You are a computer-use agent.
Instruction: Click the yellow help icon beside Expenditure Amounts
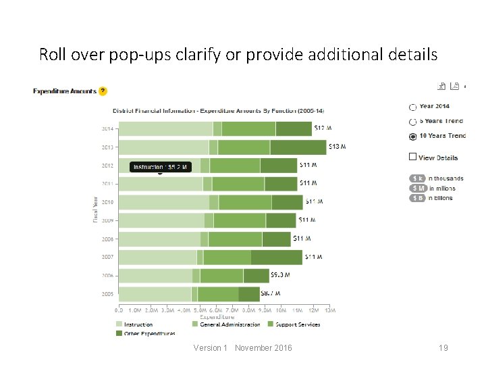coord(103,91)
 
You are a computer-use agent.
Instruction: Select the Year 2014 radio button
coord(413,107)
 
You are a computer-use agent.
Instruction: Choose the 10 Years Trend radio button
coord(413,136)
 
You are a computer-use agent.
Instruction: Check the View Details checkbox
coord(412,157)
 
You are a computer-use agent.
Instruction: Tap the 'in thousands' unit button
coord(418,178)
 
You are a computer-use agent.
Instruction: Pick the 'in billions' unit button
coord(418,198)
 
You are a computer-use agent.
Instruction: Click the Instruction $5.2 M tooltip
coord(160,166)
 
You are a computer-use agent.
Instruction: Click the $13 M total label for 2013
coord(337,146)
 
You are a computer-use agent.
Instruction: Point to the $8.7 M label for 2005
coord(271,293)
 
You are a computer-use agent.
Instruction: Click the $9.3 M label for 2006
coord(280,275)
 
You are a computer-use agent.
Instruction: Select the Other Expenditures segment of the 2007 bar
coord(277,257)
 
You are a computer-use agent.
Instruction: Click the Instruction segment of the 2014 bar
coord(165,128)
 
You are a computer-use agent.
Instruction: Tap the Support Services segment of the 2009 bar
coord(240,220)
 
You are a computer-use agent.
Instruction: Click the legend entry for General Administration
coord(225,324)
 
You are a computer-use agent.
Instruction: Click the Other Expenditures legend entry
coord(145,333)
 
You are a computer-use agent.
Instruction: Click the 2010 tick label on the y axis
coord(107,201)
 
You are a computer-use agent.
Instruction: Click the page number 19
coord(443,347)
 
